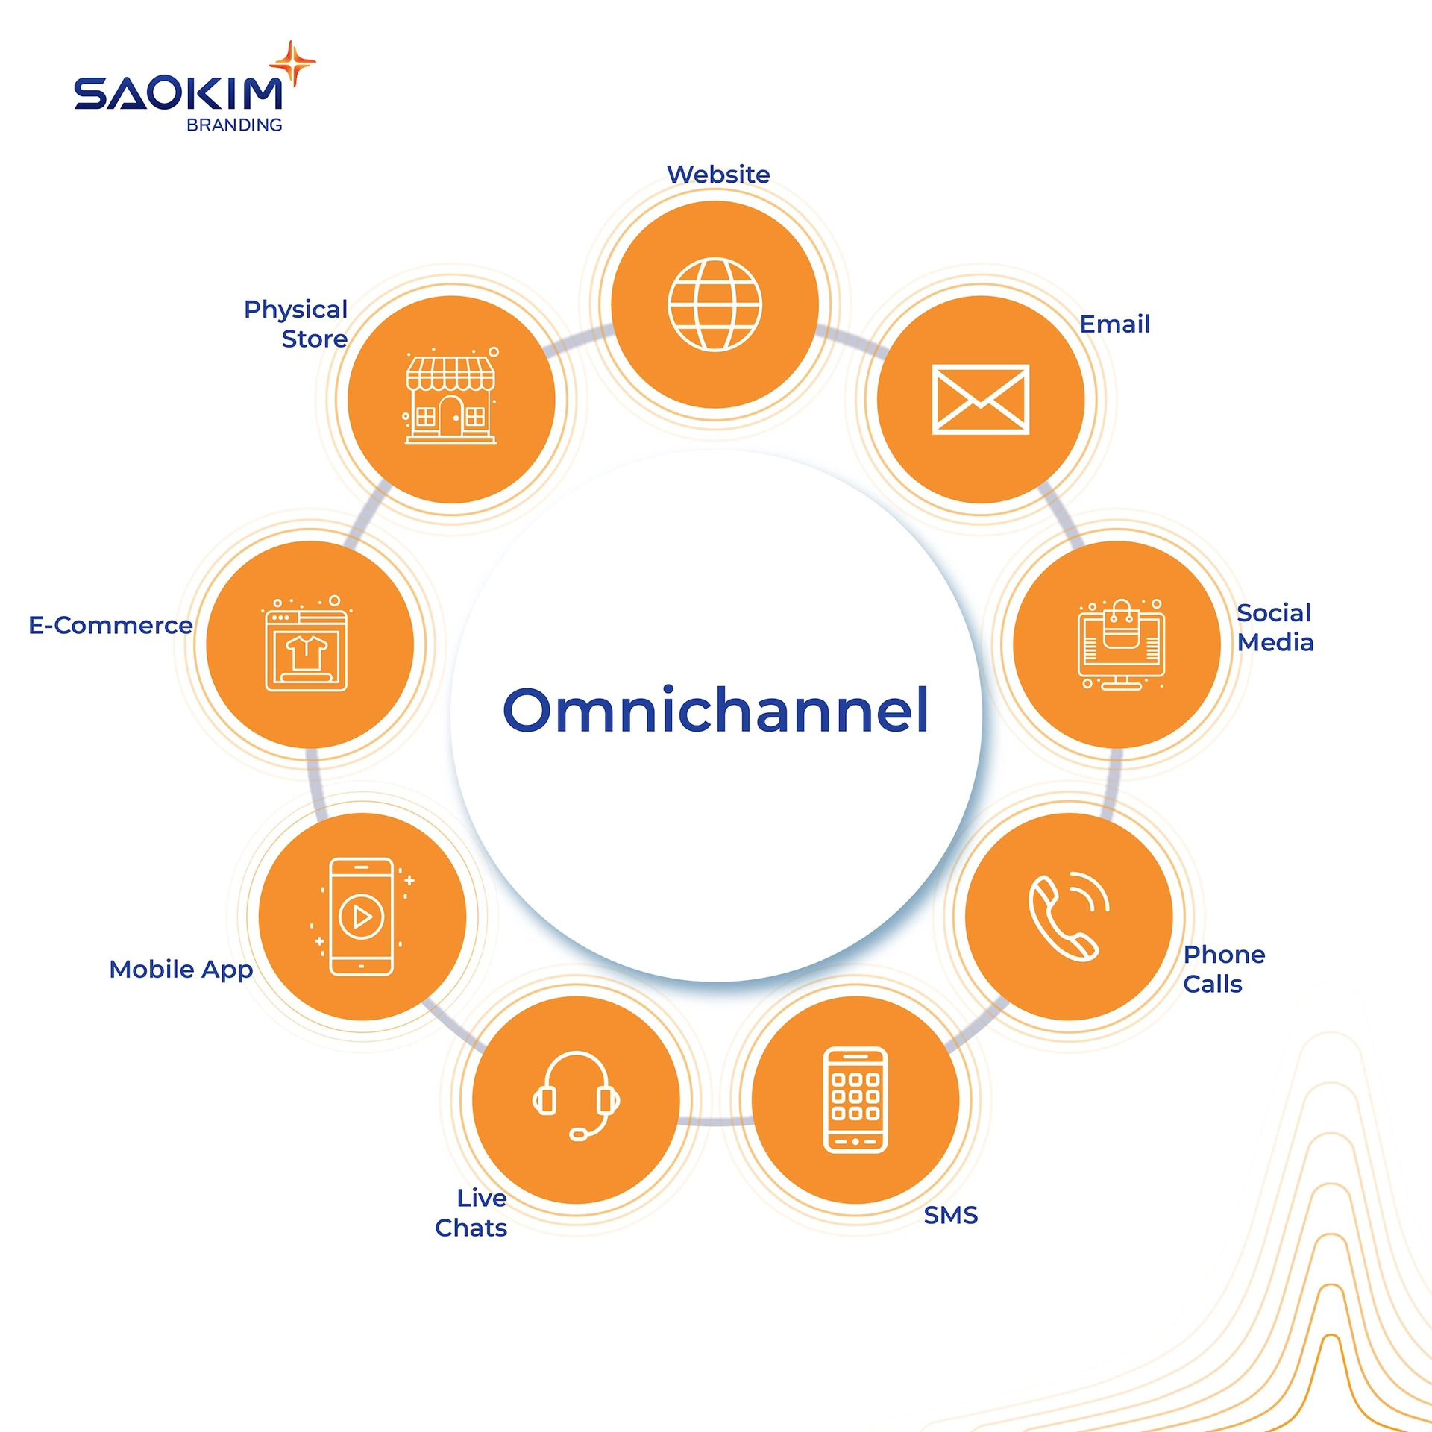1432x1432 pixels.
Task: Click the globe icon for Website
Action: pos(715,304)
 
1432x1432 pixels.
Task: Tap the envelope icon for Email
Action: pos(981,399)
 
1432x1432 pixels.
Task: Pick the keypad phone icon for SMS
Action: pos(855,1099)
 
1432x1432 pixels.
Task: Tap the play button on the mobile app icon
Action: pos(362,917)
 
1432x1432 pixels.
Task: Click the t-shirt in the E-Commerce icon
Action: pos(307,652)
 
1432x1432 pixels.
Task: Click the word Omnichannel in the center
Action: pos(716,710)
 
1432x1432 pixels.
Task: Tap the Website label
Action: pos(718,175)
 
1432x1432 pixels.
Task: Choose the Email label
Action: pos(1115,324)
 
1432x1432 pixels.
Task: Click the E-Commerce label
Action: pos(110,625)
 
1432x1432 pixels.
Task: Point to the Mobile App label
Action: pos(181,970)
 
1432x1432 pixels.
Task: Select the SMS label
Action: pos(950,1215)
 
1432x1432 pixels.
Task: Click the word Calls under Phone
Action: pos(1213,984)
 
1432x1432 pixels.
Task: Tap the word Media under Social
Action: pos(1275,642)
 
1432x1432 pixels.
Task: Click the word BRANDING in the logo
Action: pos(234,125)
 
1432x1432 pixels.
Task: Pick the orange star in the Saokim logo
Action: pos(293,63)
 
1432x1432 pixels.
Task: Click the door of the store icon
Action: pos(450,415)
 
